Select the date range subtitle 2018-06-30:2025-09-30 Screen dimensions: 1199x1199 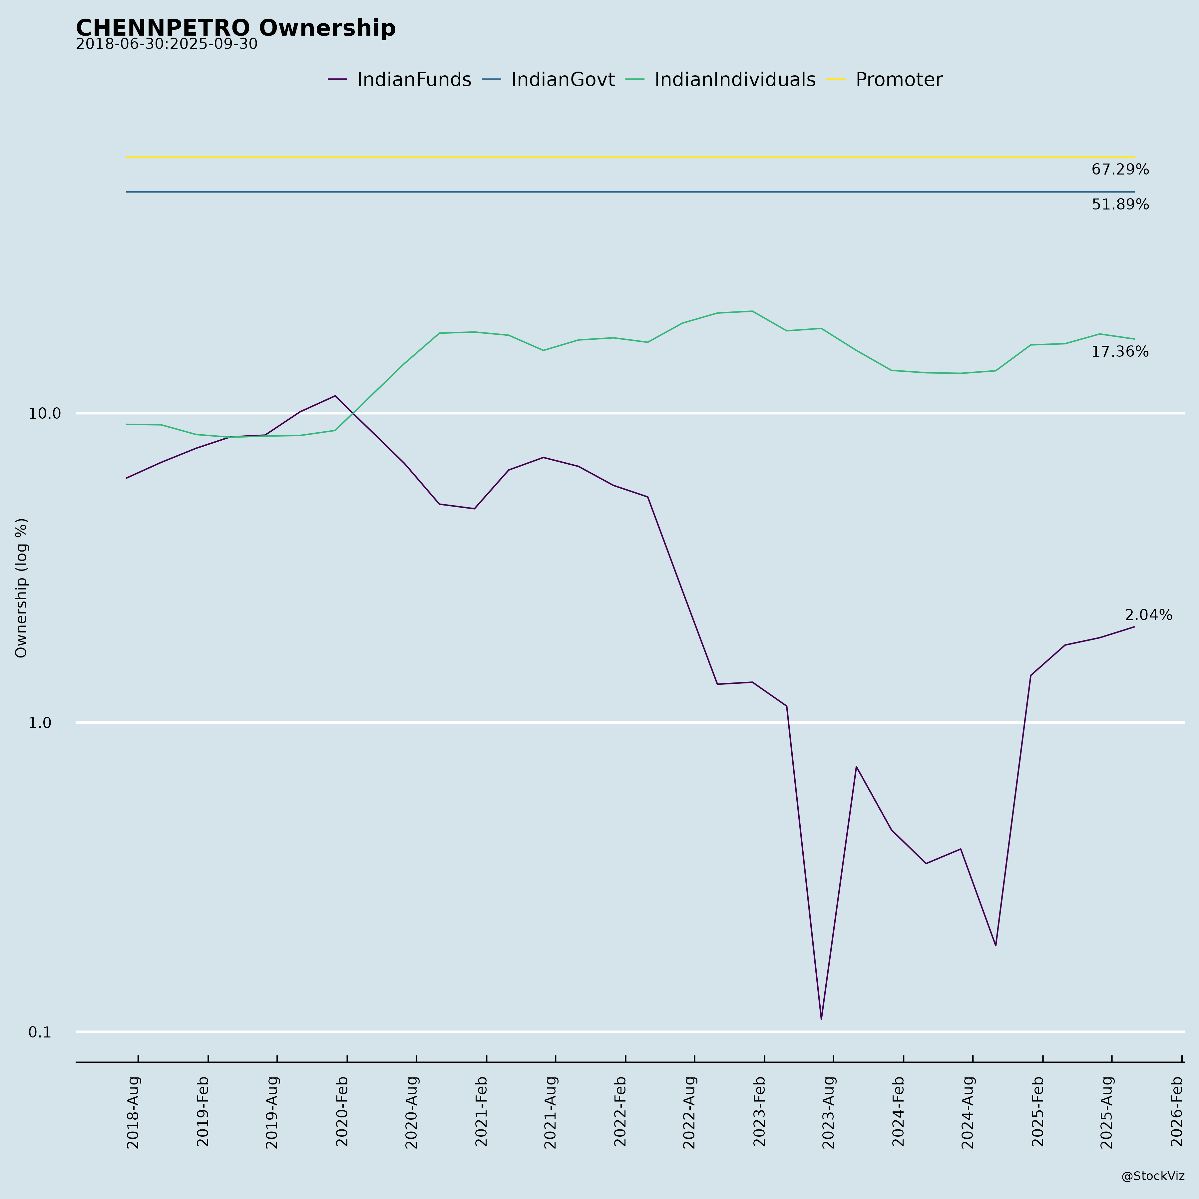(166, 45)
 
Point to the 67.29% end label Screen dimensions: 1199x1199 (1119, 170)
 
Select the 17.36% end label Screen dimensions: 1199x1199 (1119, 352)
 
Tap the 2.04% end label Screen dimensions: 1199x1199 (1148, 615)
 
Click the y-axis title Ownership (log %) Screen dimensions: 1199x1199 (22, 588)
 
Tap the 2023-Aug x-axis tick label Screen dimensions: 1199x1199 (829, 1112)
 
